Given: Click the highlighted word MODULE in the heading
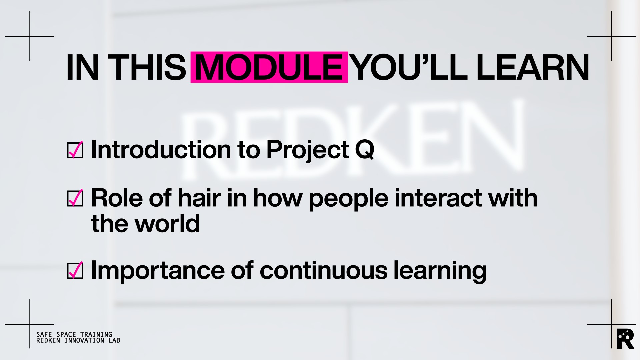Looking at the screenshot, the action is pyautogui.click(x=269, y=67).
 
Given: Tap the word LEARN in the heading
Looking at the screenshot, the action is pyautogui.click(x=533, y=67).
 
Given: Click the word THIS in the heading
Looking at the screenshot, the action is pyautogui.click(x=147, y=67).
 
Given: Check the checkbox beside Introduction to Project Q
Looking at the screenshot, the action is pyautogui.click(x=75, y=150).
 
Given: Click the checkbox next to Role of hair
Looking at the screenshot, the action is pyautogui.click(x=75, y=198).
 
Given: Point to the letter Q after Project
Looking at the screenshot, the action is pyautogui.click(x=365, y=150).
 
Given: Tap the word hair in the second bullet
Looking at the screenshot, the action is pyautogui.click(x=199, y=198).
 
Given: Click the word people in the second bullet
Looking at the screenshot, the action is pyautogui.click(x=348, y=199).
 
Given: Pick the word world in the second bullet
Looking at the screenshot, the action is pyautogui.click(x=167, y=223).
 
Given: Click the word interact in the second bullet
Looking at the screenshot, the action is pyautogui.click(x=438, y=198).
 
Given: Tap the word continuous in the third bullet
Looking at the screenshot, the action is pyautogui.click(x=323, y=271).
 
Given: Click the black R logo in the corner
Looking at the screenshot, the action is pyautogui.click(x=625, y=339).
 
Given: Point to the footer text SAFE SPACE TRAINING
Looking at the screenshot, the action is pyautogui.click(x=74, y=334).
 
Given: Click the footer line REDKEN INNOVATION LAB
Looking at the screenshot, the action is pyautogui.click(x=78, y=340).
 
